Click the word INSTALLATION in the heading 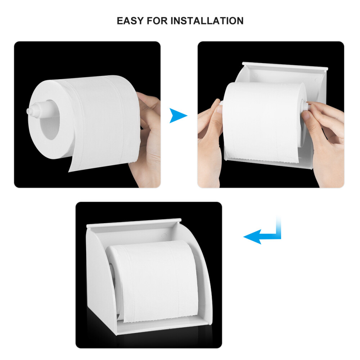207,21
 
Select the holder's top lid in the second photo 284,66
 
